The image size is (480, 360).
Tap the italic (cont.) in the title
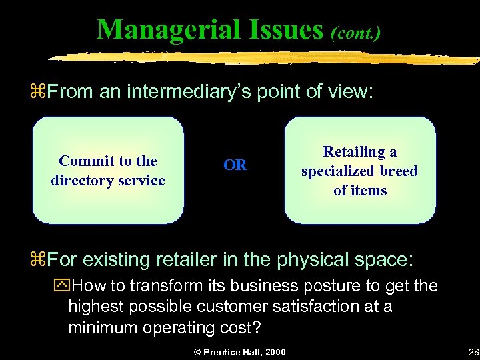click(356, 33)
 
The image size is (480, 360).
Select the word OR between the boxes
click(235, 165)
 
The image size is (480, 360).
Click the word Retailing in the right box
click(351, 152)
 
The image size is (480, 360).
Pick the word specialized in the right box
click(339, 171)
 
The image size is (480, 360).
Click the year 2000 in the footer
click(274, 352)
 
